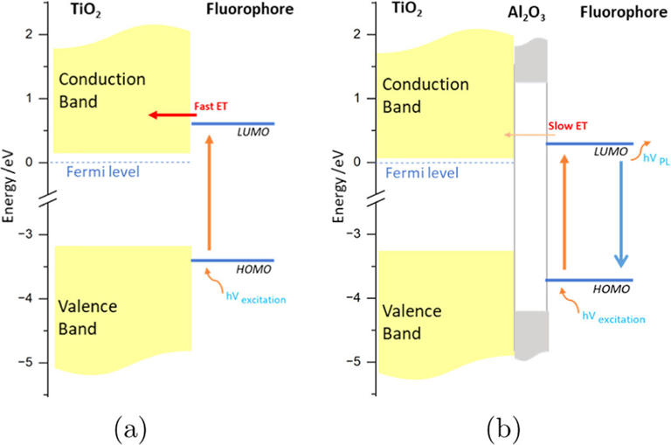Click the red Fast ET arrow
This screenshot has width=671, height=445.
(170, 115)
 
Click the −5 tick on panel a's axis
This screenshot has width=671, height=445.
(32, 362)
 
